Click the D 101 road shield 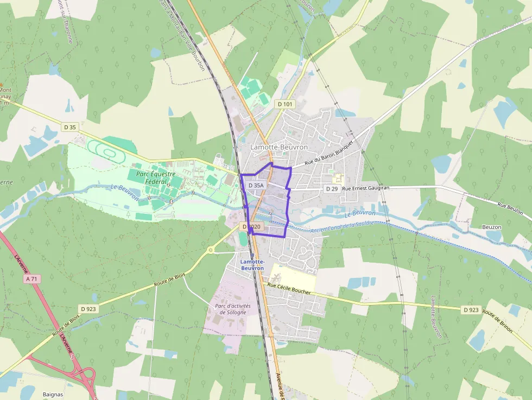pyautogui.click(x=284, y=104)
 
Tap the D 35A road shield pyautogui.click(x=256, y=185)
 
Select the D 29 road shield pyautogui.click(x=332, y=188)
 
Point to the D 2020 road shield pyautogui.click(x=252, y=226)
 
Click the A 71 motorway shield pyautogui.click(x=33, y=279)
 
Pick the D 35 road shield pyautogui.click(x=70, y=127)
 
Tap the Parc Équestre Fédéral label pyautogui.click(x=156, y=177)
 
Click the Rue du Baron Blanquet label pyautogui.click(x=329, y=153)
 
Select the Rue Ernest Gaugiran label pyautogui.click(x=366, y=188)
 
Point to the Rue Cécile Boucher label pyautogui.click(x=289, y=288)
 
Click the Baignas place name pyautogui.click(x=53, y=394)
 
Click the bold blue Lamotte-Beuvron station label pyautogui.click(x=252, y=265)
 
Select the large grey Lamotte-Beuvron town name pyautogui.click(x=278, y=147)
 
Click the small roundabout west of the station pyautogui.click(x=210, y=250)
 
